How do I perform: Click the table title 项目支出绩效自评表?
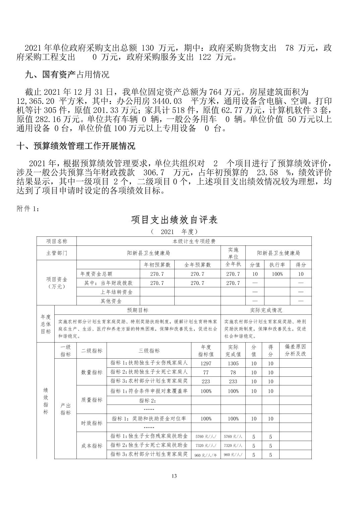click(174, 220)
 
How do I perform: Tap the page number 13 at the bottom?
click(174, 476)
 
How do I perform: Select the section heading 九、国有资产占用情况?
click(67, 74)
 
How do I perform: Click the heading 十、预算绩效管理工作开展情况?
click(76, 146)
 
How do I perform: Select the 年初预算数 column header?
click(157, 265)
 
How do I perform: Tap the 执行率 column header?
click(277, 265)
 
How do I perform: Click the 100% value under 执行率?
click(277, 274)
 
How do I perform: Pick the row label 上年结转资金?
click(117, 292)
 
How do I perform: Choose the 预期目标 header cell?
click(137, 310)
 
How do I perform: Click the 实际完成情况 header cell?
click(266, 310)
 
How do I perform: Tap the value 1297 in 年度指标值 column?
click(206, 363)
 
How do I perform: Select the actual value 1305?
click(233, 363)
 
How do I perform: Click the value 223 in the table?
click(206, 381)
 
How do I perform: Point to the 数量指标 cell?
click(92, 372)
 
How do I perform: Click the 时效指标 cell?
click(92, 423)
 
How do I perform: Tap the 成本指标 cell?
click(92, 446)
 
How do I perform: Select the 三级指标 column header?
click(149, 351)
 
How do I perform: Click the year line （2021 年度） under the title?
click(174, 231)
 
